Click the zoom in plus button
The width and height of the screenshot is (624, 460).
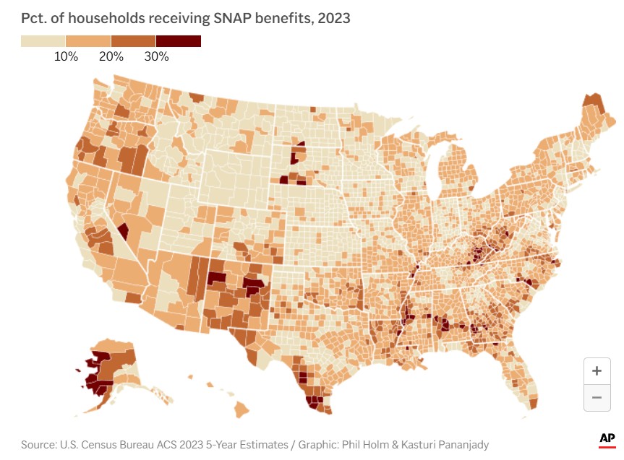coord(597,371)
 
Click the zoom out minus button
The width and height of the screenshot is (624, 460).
coord(597,397)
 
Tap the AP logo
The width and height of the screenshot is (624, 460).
coord(607,438)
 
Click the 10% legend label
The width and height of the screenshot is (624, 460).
coord(66,56)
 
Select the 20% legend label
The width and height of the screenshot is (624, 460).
coord(111,56)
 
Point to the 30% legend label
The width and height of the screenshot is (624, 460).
coord(156,56)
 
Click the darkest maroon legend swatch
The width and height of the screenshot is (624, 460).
coord(178,40)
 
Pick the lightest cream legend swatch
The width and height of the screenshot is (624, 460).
coord(43,40)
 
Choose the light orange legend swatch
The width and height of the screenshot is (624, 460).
coord(88,40)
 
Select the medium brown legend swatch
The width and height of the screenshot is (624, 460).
coord(133,40)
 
